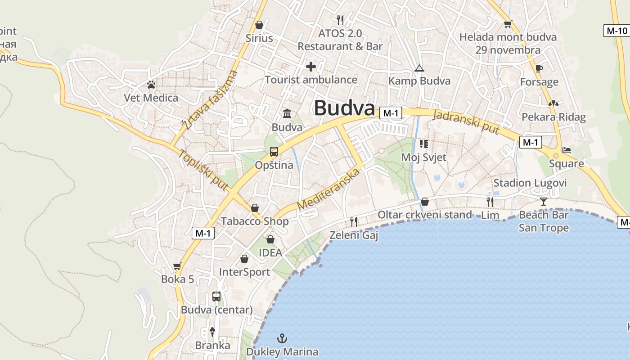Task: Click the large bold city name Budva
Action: click(x=344, y=108)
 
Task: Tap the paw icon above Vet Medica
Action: click(x=151, y=85)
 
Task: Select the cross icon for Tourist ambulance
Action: click(x=310, y=67)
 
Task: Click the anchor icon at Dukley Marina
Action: click(x=282, y=338)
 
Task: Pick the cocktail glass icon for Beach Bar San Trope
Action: click(x=544, y=201)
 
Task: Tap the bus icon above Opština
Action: click(x=274, y=152)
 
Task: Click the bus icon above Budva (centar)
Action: click(x=216, y=297)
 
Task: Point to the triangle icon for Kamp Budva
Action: click(x=419, y=68)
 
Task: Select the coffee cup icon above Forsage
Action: click(x=539, y=68)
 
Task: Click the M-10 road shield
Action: click(x=616, y=31)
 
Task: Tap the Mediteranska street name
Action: click(x=329, y=189)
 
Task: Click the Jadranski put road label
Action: click(x=466, y=121)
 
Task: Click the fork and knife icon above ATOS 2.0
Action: click(x=340, y=20)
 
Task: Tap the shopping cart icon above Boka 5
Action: click(x=177, y=266)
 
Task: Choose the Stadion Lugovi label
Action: click(x=530, y=183)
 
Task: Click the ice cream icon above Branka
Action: click(x=212, y=332)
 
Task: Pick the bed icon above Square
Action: click(x=567, y=150)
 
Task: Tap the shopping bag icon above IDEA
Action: click(x=270, y=239)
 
